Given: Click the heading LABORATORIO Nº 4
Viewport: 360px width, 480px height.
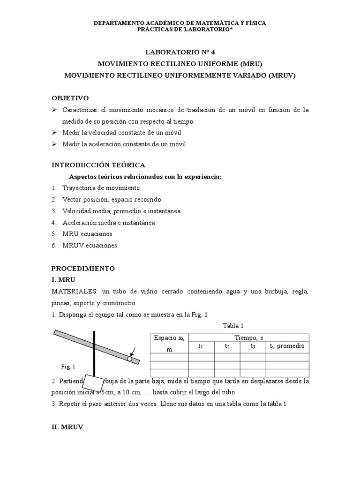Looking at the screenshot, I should pos(180,52).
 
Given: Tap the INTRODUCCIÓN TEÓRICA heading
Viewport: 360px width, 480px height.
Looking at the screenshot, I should pos(98,165).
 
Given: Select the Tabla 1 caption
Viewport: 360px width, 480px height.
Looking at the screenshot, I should pos(229,326).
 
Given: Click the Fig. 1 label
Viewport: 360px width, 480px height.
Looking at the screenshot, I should pos(68,366).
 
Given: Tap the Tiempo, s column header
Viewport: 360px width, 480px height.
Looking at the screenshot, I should pos(248,337).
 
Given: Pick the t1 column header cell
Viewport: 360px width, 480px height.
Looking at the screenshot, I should pos(201,346).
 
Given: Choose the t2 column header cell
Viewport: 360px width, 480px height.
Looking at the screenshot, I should pos(227,346).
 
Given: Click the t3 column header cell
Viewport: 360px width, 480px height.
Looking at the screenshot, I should pos(253,346).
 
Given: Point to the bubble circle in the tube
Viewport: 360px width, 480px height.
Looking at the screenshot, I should pos(129,359).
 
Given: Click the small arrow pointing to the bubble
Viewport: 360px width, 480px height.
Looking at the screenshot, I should pos(133,351).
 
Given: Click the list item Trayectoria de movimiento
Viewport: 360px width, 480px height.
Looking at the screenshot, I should pos(101,188).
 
